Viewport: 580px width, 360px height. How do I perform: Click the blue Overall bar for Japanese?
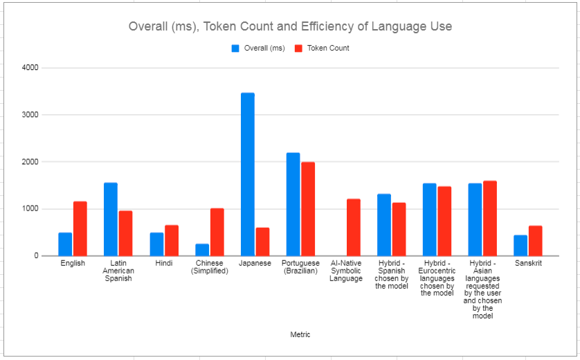(247, 174)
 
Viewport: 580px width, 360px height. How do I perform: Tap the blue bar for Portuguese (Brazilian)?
(293, 204)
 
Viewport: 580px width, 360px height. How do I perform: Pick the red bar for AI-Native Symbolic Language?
(354, 227)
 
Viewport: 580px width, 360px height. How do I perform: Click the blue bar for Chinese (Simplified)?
(202, 249)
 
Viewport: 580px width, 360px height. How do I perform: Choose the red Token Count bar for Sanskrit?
(535, 240)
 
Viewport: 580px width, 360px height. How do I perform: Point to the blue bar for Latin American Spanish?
(111, 219)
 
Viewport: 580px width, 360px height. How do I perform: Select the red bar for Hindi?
(171, 240)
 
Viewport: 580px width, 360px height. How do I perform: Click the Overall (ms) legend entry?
(258, 48)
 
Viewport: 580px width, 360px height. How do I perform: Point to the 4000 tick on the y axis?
(30, 68)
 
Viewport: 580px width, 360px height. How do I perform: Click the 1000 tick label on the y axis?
(30, 209)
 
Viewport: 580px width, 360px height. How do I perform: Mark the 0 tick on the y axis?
(35, 256)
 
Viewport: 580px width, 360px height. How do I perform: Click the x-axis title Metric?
(300, 335)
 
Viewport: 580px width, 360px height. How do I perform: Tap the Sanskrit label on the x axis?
(528, 264)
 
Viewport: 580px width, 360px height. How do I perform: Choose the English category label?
(73, 264)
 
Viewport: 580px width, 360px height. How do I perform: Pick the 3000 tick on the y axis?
(30, 115)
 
